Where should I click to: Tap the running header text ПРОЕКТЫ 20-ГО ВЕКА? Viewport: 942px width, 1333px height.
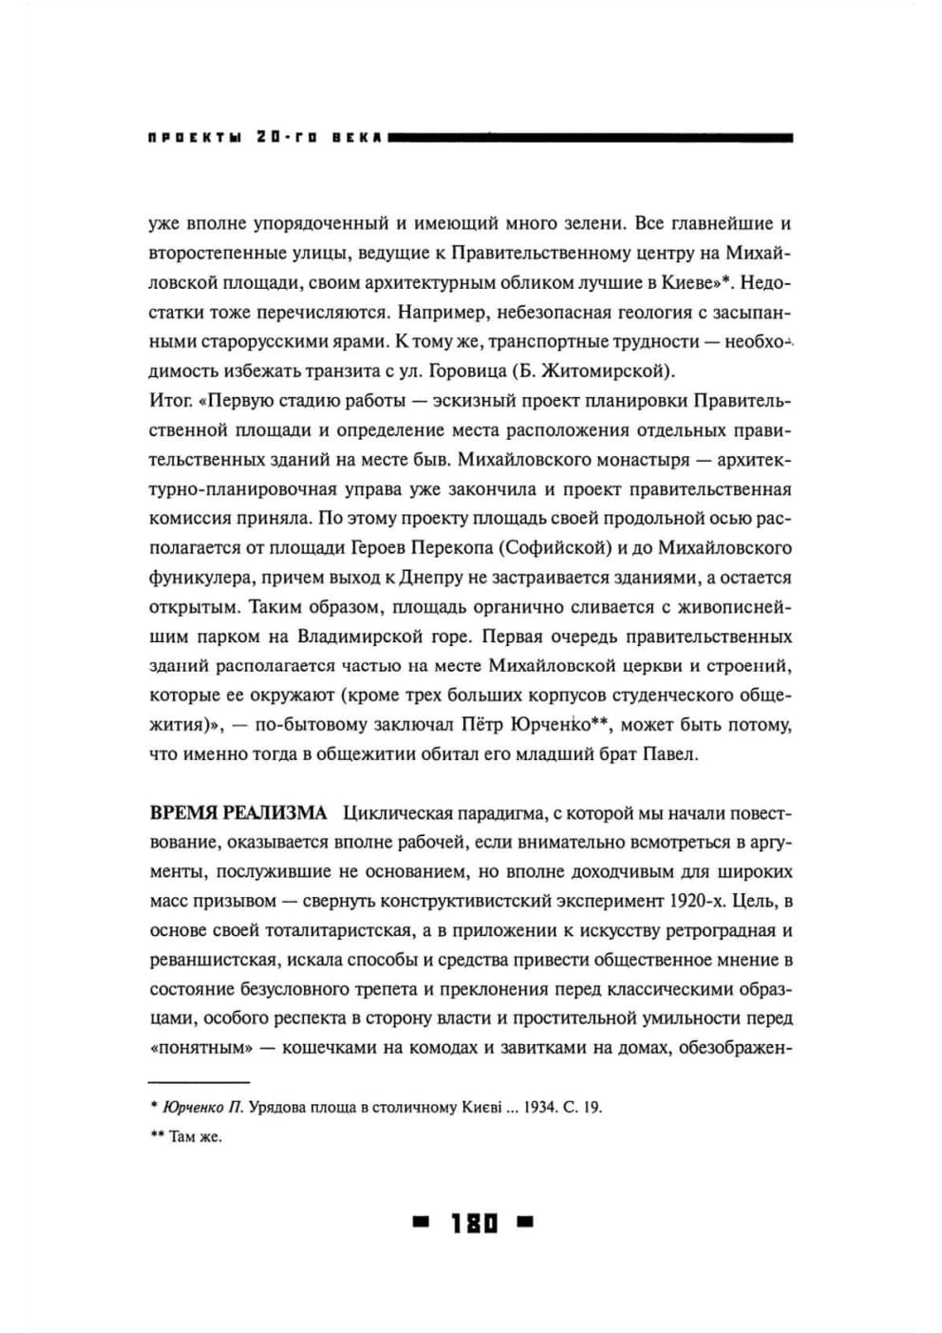coord(265,138)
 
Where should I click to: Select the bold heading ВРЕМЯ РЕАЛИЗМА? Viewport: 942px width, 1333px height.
coord(238,813)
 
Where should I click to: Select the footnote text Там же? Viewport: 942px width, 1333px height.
coord(196,1136)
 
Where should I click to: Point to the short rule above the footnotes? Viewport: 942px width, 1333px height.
coord(198,1081)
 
